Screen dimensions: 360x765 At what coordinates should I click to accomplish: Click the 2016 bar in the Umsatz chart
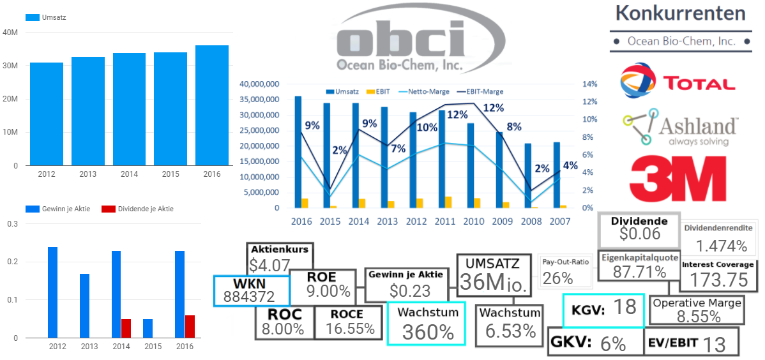click(x=212, y=105)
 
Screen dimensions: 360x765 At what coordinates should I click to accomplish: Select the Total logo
click(x=678, y=80)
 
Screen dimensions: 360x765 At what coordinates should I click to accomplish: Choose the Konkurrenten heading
click(x=680, y=13)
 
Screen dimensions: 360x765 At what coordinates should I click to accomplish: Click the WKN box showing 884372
click(x=251, y=290)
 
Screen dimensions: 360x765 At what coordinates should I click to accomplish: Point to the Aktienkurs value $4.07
click(x=270, y=264)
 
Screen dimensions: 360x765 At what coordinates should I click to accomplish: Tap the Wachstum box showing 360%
click(x=427, y=324)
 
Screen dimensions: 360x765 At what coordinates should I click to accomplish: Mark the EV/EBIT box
click(x=690, y=341)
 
